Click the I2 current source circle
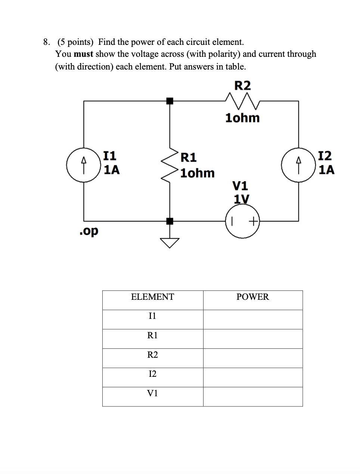click(x=298, y=165)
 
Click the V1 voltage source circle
click(x=243, y=221)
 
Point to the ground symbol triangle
click(x=170, y=243)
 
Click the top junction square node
click(x=170, y=101)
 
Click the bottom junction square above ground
click(x=170, y=221)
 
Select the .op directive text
click(x=89, y=231)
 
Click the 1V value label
click(x=241, y=198)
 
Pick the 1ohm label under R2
click(x=242, y=118)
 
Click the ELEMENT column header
click(x=152, y=297)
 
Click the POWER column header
click(x=252, y=297)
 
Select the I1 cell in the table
click(x=152, y=316)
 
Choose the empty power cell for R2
click(x=252, y=358)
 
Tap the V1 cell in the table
click(x=152, y=393)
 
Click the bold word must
click(x=83, y=54)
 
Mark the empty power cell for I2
click(x=252, y=377)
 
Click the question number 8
click(x=46, y=42)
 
